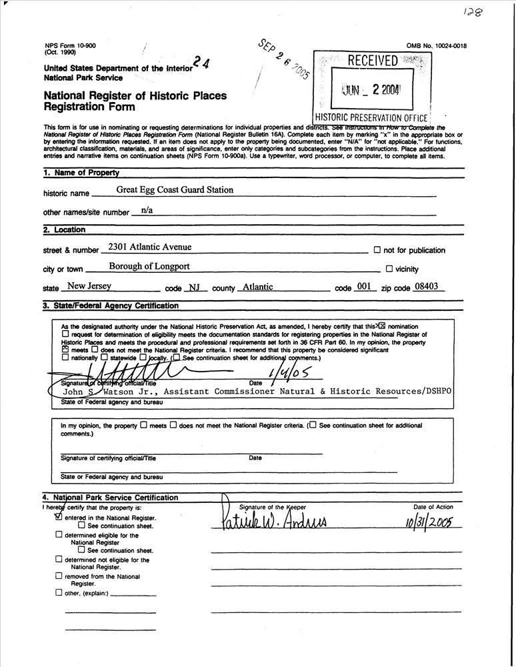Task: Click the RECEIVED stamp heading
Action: (373, 61)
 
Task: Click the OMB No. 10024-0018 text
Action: (436, 45)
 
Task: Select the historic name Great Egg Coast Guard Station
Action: (175, 190)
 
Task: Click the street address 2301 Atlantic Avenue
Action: (149, 247)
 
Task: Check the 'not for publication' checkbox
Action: (377, 250)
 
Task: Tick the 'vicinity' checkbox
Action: (389, 269)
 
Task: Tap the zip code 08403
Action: (427, 287)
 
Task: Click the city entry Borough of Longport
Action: (149, 267)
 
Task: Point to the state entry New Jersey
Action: (85, 287)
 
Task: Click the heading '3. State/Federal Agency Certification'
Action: (111, 306)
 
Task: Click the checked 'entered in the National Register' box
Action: (59, 516)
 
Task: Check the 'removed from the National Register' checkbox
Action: (59, 576)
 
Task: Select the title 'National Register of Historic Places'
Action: (135, 95)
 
